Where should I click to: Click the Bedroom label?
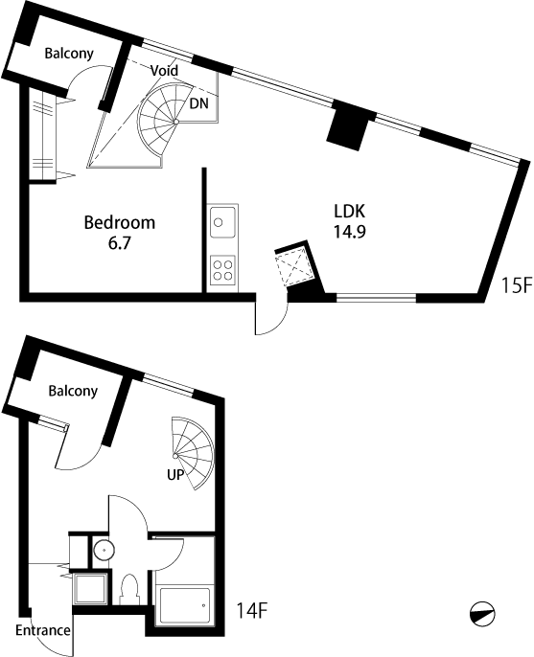click(120, 222)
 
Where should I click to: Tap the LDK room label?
click(349, 211)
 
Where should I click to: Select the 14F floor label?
click(252, 610)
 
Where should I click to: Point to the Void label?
click(165, 71)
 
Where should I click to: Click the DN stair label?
click(198, 103)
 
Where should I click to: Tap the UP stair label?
click(175, 475)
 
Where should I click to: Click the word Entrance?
click(43, 630)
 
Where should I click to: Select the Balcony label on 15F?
click(69, 54)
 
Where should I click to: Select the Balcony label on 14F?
click(73, 391)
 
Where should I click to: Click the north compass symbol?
click(482, 615)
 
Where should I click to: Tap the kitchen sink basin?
click(222, 221)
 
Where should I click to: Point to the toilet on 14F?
click(129, 590)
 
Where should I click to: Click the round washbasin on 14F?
click(104, 550)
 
